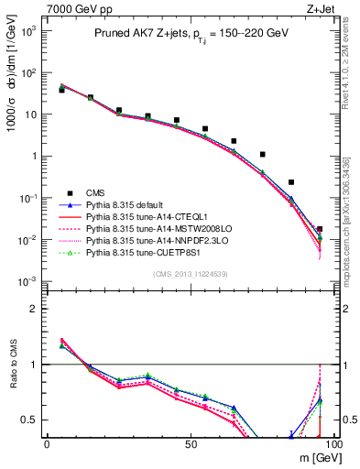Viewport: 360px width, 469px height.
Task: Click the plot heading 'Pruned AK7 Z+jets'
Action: tap(145, 33)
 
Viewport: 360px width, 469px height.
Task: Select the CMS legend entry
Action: tap(96, 191)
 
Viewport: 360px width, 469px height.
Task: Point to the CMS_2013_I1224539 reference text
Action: tap(189, 274)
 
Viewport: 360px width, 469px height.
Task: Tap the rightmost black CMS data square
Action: tap(320, 229)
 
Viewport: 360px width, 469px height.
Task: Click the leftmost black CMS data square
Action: tap(61, 90)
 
